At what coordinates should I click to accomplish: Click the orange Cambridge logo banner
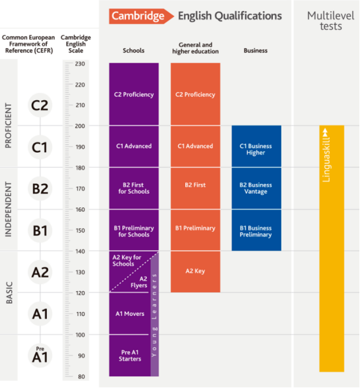141,16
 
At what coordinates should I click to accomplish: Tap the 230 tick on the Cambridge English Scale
80,64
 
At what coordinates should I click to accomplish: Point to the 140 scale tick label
80,252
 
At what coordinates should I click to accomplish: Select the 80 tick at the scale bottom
81,376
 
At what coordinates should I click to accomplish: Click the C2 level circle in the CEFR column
40,105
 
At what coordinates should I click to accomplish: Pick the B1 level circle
40,231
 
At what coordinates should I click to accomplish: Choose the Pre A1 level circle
40,356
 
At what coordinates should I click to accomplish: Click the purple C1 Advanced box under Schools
134,146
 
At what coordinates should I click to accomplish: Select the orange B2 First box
196,188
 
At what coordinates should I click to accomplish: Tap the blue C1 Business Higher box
256,146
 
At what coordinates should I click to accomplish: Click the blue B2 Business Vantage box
256,188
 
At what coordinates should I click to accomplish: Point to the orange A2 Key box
196,272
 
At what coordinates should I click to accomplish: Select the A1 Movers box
130,313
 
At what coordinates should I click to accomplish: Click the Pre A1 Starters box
130,356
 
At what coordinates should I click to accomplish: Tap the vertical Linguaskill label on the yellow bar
326,155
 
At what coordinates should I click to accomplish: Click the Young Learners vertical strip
155,315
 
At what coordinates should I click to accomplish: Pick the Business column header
255,51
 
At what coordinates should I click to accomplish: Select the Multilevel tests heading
331,21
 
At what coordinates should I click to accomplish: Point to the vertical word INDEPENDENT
8,209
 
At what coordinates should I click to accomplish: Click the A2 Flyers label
139,282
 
